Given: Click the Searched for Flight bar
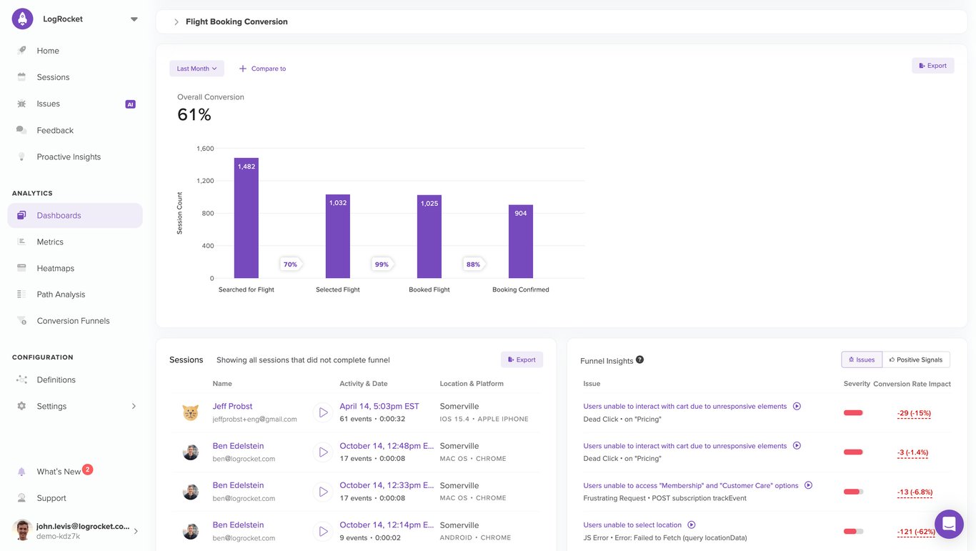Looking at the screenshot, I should pos(247,218).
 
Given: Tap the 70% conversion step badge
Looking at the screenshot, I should pos(290,264).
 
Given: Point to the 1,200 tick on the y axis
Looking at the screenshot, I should pos(205,181).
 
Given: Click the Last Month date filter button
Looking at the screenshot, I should pos(196,69).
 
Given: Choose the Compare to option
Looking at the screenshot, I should pos(262,69).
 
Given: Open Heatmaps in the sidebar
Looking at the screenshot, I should pos(56,268).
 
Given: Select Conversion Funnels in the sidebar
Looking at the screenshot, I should pos(73,321).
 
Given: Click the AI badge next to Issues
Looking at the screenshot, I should pos(130,104).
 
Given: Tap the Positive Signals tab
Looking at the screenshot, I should pos(916,359).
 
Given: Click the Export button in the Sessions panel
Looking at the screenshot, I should pos(522,359).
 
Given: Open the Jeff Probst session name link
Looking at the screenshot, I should pos(232,406).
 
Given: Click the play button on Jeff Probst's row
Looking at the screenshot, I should pos(323,412).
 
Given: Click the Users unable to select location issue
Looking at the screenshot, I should pos(632,525).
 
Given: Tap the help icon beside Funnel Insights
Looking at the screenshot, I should pos(639,359).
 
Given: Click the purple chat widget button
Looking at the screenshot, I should pos(949,524).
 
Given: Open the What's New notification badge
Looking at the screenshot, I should pos(87,470).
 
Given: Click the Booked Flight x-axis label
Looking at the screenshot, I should pos(429,289).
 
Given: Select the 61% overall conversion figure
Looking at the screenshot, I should pos(194,114).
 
